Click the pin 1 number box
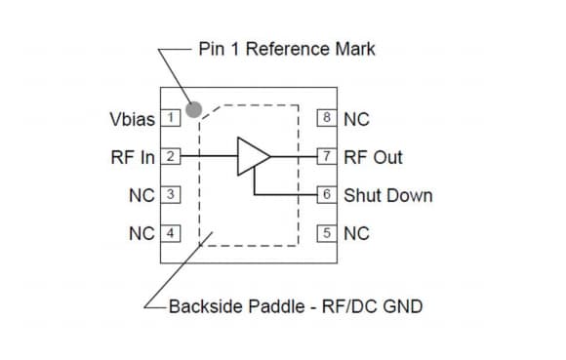170,119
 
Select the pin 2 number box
170,157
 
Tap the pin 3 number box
170,195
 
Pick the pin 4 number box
170,233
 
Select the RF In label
134,157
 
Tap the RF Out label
374,157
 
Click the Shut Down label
388,195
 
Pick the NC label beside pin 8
356,119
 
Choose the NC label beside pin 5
356,233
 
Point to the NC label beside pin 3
141,195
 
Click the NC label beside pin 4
141,233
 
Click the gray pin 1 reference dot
194,109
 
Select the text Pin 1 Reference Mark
286,49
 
